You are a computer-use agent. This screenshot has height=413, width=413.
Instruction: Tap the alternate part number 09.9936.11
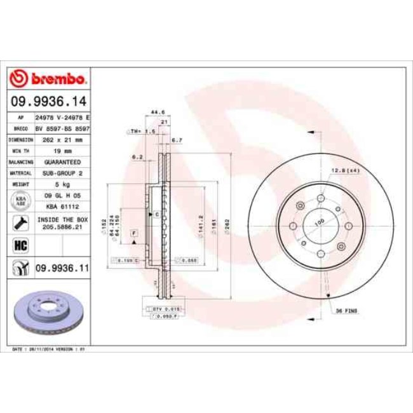click(61, 269)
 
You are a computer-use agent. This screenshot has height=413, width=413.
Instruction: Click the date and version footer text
click(50, 349)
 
